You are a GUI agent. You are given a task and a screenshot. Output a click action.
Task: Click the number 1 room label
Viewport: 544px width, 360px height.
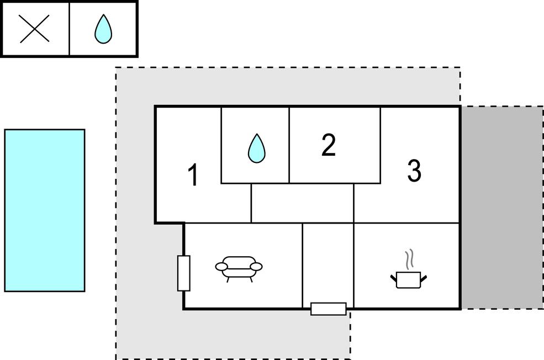click(x=193, y=176)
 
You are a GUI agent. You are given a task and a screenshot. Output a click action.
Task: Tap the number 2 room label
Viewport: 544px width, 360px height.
click(x=329, y=145)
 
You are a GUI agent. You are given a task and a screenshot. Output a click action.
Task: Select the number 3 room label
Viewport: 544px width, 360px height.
click(x=414, y=171)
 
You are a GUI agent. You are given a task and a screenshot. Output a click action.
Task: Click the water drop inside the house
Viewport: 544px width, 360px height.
click(x=256, y=148)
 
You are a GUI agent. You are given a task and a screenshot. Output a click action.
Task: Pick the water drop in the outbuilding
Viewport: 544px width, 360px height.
click(x=103, y=29)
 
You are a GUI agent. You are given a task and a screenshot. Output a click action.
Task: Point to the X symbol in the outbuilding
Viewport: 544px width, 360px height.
click(x=35, y=29)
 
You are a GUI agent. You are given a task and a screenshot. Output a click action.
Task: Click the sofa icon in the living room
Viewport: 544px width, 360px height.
click(x=239, y=268)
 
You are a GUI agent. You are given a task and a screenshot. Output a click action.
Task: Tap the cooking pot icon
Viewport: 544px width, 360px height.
click(x=409, y=279)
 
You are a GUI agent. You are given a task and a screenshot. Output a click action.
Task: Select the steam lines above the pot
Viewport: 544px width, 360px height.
click(x=409, y=260)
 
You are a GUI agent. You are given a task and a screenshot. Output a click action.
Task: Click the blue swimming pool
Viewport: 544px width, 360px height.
click(x=45, y=210)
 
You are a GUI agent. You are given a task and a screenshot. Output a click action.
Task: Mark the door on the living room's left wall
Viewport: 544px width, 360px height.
click(x=184, y=273)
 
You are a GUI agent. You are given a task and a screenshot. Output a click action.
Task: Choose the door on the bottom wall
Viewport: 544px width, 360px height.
click(x=329, y=309)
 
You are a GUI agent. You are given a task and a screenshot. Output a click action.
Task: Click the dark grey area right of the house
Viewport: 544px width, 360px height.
click(x=502, y=207)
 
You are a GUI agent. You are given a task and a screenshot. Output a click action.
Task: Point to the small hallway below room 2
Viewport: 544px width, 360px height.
click(x=302, y=203)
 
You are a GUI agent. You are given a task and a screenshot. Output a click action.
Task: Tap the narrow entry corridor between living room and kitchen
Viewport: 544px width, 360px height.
click(x=328, y=262)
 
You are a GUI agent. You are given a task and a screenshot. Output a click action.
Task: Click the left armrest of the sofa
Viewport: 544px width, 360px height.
click(x=221, y=267)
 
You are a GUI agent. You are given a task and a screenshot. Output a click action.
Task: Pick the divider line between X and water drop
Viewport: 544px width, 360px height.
click(x=70, y=29)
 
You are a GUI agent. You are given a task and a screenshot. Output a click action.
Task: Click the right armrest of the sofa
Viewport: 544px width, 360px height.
click(x=256, y=267)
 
